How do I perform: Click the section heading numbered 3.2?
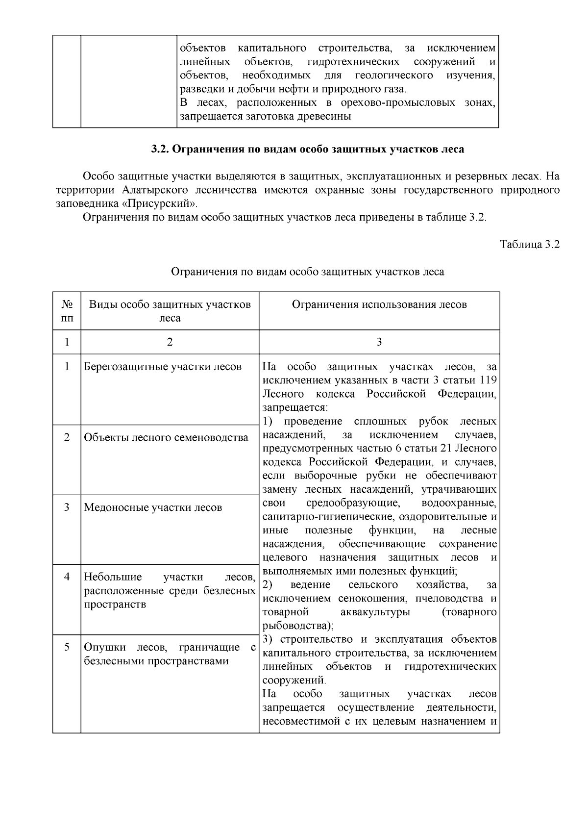coord(307,149)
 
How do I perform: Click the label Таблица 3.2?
coord(529,245)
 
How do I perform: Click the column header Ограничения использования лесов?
coord(379,304)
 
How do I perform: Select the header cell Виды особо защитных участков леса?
coord(170,311)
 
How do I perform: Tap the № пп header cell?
coord(67,311)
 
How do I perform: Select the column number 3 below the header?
coord(379,342)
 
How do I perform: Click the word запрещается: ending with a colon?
coord(294,407)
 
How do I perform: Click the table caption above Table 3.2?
coord(307,272)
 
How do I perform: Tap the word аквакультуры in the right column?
coord(375,612)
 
